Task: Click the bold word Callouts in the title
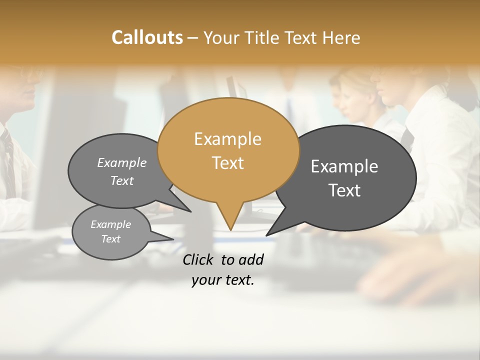[147, 37]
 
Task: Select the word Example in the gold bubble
[227, 139]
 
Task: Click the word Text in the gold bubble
[227, 163]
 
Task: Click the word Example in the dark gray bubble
[344, 166]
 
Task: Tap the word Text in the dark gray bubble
[344, 190]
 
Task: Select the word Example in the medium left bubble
[122, 162]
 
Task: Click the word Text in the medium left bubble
[122, 180]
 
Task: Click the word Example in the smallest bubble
[110, 224]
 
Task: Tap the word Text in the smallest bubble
[110, 239]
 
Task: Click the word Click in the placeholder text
[199, 259]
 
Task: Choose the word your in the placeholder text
[205, 280]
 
